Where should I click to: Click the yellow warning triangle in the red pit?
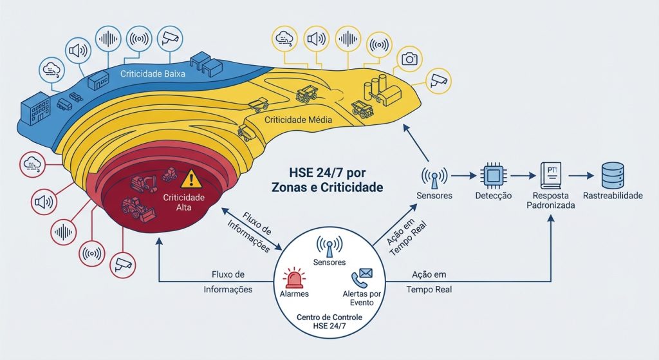coord(191,178)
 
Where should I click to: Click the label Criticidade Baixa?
coord(153,74)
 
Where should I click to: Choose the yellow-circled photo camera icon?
coord(409,59)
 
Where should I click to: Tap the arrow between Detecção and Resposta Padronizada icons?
coord(523,174)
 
